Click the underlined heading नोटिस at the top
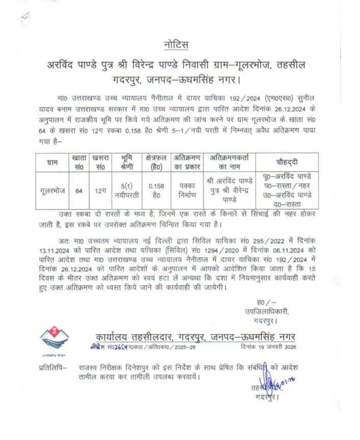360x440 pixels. coord(176,45)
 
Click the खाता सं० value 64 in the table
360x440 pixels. coord(79,191)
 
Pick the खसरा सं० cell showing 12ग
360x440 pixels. coord(100,191)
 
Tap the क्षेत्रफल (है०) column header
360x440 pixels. coord(156,162)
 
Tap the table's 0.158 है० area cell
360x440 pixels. coord(156,190)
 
